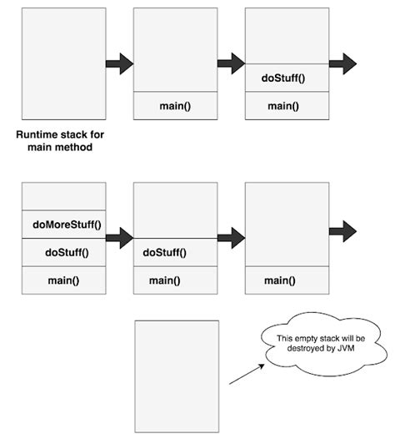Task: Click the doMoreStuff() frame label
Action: click(64, 224)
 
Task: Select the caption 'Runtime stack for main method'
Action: click(63, 139)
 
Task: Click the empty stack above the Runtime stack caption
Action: click(64, 63)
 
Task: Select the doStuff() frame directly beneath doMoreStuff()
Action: click(64, 252)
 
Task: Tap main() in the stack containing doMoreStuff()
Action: click(64, 280)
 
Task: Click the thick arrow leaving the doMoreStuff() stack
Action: click(120, 238)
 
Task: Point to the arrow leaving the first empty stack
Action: click(120, 63)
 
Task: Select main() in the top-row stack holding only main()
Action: click(176, 106)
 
